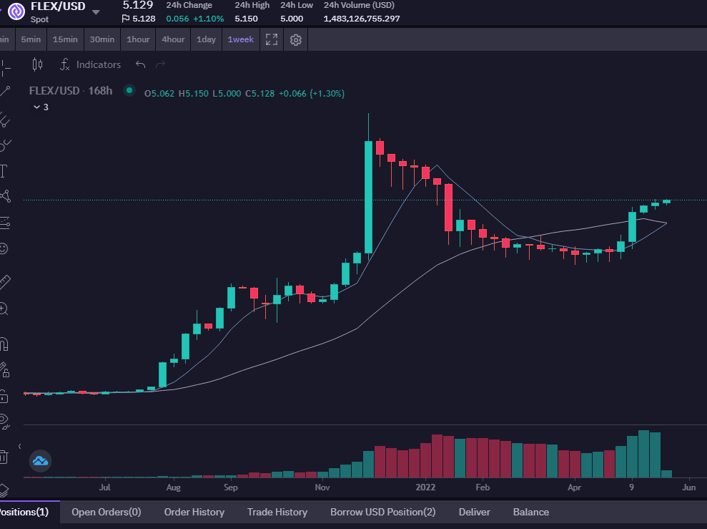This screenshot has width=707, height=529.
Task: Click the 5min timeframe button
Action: click(31, 39)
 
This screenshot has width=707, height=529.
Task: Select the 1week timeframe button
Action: click(241, 39)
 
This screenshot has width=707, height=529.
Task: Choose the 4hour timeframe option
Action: click(173, 39)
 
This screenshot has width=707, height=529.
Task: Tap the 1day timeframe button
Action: click(206, 39)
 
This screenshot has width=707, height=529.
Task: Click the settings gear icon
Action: click(296, 39)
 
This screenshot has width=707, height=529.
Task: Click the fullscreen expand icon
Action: click(272, 39)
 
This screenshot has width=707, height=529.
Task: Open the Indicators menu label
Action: click(99, 64)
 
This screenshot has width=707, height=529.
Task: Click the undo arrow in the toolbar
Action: click(140, 64)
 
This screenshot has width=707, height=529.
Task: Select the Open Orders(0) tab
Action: click(107, 512)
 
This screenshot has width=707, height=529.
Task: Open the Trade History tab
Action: click(277, 512)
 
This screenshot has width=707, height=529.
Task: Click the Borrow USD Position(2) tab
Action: click(382, 512)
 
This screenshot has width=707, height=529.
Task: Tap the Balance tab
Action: click(531, 512)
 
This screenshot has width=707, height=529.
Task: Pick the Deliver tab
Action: click(475, 512)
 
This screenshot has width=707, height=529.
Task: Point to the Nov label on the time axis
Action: click(322, 487)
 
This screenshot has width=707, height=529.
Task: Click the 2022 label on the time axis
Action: click(425, 487)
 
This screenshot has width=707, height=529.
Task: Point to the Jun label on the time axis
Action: click(689, 487)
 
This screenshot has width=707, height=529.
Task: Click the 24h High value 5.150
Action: click(246, 19)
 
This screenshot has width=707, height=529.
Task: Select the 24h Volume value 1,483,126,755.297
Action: click(362, 19)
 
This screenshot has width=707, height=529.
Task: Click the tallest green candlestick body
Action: click(368, 198)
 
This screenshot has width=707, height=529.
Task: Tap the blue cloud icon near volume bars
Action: click(40, 461)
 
